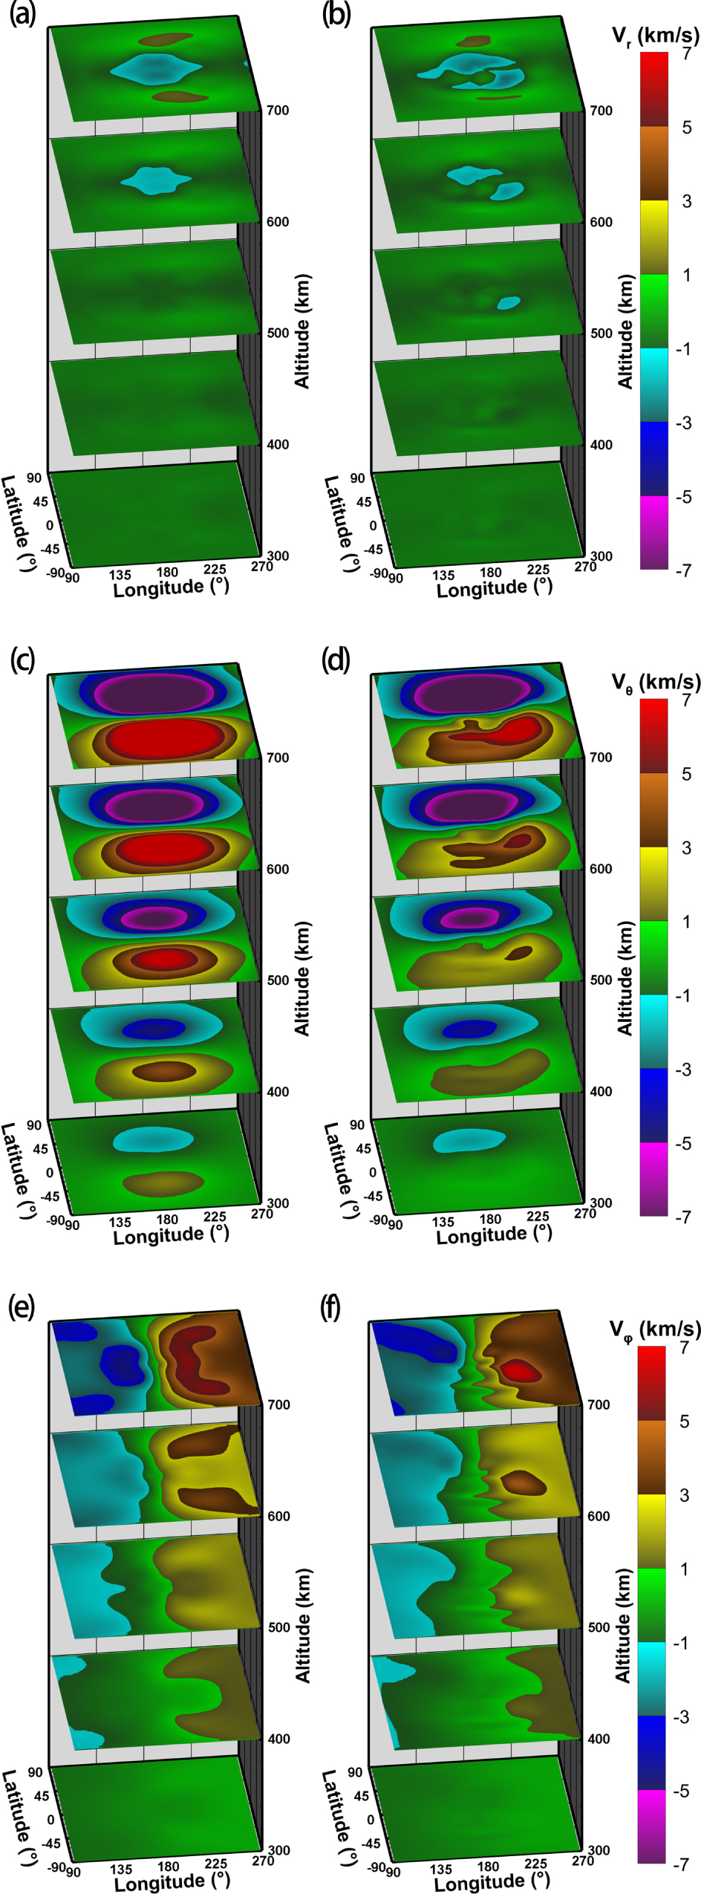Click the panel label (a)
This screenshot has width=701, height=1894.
[22, 14]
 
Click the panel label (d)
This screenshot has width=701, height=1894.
[336, 660]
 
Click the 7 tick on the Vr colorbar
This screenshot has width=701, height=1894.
[687, 53]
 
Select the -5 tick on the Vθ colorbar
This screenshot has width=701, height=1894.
[682, 1143]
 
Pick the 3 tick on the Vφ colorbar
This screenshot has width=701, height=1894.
[685, 1495]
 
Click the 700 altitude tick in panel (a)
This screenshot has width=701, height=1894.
[278, 110]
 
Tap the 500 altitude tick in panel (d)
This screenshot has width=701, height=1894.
[601, 980]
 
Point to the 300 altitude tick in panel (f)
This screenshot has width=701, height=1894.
[599, 1850]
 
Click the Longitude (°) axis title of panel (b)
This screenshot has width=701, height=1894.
[494, 588]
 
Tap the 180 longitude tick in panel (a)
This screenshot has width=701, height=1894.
[167, 572]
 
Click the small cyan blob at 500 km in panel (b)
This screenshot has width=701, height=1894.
[509, 302]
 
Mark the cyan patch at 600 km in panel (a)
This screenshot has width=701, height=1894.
[156, 180]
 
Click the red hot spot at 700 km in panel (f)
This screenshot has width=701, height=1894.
[521, 1370]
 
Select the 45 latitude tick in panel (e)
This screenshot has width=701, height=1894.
[42, 1796]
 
